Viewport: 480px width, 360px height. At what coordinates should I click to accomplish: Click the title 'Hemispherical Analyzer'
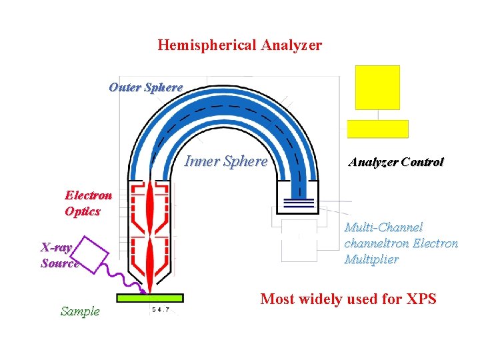239,45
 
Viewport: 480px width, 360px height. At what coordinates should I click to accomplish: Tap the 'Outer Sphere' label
145,87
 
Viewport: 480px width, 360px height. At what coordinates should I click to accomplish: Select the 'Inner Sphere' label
225,161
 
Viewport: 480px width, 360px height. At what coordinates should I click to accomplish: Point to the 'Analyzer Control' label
395,162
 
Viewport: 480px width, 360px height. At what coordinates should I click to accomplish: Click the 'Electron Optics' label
87,203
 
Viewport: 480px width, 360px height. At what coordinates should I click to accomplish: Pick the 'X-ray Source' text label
59,255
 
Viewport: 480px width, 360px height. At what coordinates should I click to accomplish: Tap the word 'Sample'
79,311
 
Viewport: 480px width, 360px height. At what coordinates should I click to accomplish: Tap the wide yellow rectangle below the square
377,129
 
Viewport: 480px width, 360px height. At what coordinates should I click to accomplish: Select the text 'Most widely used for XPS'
348,299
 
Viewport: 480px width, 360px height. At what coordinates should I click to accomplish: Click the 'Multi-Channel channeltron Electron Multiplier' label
401,243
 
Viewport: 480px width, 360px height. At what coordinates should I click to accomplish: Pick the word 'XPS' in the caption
420,299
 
